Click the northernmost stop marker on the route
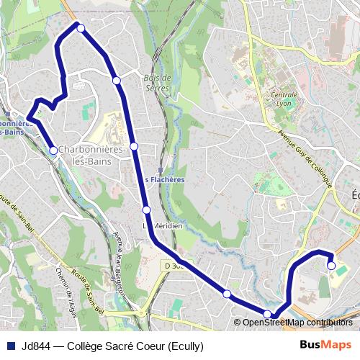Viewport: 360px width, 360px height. (81, 28)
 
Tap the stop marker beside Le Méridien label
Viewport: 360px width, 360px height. (146, 210)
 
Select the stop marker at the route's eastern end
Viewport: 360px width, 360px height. (331, 266)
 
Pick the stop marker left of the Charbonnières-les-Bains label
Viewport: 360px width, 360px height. (53, 150)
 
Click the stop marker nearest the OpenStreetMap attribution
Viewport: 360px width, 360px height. (267, 313)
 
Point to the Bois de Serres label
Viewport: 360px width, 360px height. (156, 83)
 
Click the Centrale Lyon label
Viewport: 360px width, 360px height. (283, 99)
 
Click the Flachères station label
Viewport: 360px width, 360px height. (165, 180)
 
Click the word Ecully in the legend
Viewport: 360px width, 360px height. (184, 346)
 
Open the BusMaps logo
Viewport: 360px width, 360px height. (326, 345)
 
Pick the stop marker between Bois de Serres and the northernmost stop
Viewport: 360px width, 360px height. (117, 80)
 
